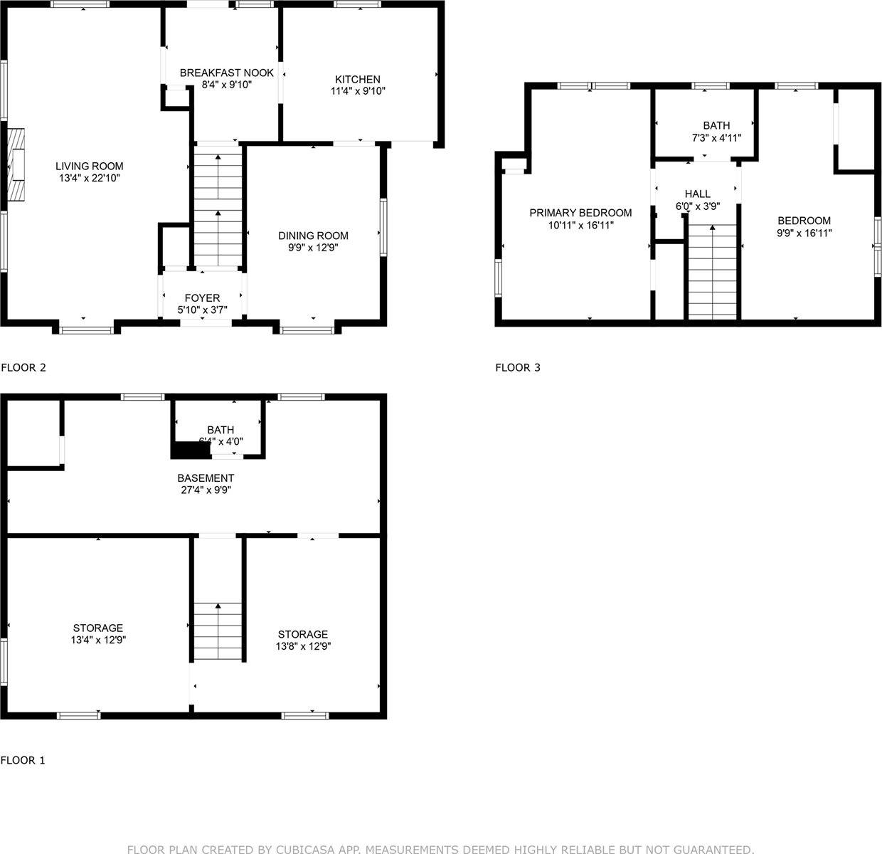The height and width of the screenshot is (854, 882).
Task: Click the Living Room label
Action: [x=90, y=166]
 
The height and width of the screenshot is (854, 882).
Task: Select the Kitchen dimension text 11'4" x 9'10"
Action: [x=358, y=91]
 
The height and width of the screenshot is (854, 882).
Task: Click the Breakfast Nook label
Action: [x=226, y=73]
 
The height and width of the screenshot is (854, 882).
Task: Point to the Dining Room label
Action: [x=313, y=236]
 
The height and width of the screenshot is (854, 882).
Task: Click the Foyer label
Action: [x=202, y=297]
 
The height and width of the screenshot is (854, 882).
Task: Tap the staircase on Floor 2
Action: [x=218, y=206]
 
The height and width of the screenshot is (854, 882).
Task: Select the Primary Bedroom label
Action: [x=580, y=213]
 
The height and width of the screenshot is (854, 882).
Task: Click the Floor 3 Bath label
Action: [x=716, y=125]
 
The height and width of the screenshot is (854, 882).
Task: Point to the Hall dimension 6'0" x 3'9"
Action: [x=697, y=206]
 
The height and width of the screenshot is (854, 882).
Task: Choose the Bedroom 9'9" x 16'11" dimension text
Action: [x=804, y=233]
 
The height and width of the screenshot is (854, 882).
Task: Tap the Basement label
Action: [x=206, y=478]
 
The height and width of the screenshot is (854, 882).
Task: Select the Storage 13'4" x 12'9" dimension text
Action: [x=98, y=640]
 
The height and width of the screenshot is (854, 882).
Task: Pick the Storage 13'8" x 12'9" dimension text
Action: [x=303, y=646]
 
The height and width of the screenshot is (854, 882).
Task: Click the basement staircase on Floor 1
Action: [x=218, y=631]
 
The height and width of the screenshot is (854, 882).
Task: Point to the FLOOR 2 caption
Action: [x=23, y=368]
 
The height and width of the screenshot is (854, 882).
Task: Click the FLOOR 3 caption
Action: [x=518, y=368]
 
